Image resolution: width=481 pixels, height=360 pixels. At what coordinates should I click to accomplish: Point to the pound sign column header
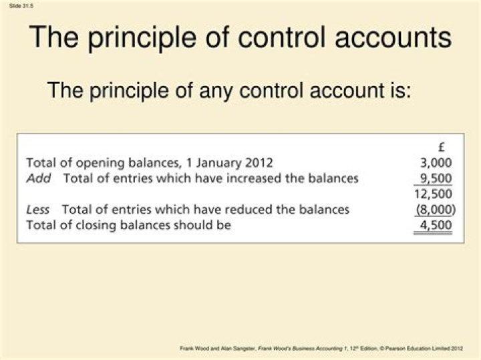click(x=442, y=148)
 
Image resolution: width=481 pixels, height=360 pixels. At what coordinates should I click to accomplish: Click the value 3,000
click(x=436, y=162)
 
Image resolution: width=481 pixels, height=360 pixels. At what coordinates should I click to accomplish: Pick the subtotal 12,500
click(x=433, y=194)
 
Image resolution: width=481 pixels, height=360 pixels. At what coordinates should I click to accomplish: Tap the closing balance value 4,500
click(x=436, y=225)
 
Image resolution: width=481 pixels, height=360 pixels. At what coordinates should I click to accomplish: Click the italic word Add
click(x=38, y=178)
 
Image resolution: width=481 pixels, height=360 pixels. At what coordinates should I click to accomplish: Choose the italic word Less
click(x=37, y=209)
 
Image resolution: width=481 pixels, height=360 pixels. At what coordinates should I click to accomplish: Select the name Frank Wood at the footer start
click(x=194, y=349)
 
